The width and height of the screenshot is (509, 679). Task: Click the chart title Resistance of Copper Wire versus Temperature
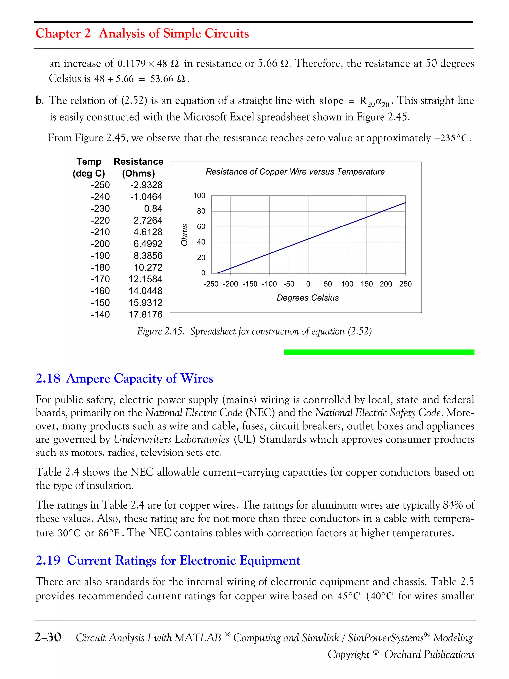click(x=295, y=172)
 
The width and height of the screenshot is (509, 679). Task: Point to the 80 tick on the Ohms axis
click(x=201, y=211)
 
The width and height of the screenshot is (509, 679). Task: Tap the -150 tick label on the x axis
click(x=250, y=284)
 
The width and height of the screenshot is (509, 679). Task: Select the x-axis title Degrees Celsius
click(x=307, y=298)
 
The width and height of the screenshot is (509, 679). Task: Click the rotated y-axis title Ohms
click(x=184, y=235)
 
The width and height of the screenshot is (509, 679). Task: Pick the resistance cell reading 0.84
click(x=153, y=209)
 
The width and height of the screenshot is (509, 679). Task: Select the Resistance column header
click(x=138, y=162)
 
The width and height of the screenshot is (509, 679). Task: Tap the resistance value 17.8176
click(x=145, y=315)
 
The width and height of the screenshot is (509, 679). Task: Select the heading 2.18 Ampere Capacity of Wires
click(x=124, y=378)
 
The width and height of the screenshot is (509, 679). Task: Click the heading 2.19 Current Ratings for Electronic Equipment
click(x=168, y=560)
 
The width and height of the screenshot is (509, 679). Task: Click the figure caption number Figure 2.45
click(x=160, y=331)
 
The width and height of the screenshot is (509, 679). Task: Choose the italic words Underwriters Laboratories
click(x=171, y=439)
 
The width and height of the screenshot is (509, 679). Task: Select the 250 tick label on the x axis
click(x=405, y=284)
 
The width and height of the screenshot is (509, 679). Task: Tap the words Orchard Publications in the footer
click(x=429, y=654)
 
